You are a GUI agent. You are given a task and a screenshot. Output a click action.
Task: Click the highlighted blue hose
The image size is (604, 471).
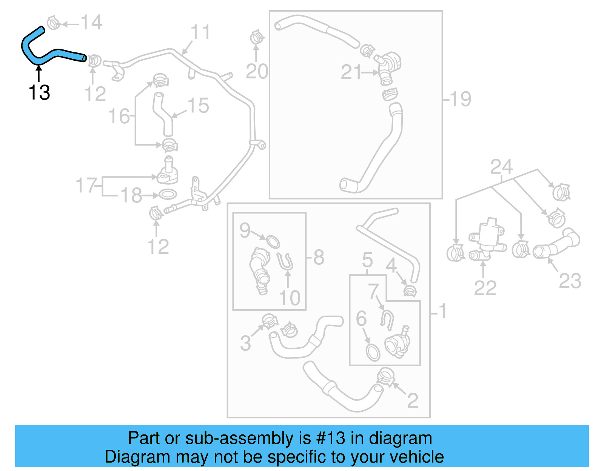coord(57,52)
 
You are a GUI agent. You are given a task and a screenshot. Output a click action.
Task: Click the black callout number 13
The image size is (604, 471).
coord(39,92)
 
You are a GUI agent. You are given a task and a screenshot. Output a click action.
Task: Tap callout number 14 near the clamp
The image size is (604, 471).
coord(91,23)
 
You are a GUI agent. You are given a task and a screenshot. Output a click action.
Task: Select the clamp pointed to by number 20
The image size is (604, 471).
coord(257,38)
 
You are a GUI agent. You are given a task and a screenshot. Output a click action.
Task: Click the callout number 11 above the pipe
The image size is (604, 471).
coord(200,32)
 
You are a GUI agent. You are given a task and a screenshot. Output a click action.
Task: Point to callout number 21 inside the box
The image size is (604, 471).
coord(351,72)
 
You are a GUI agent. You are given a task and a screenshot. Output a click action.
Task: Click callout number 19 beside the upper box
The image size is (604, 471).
coord(460,99)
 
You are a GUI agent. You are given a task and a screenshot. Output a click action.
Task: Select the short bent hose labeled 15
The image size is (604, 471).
coord(163,113)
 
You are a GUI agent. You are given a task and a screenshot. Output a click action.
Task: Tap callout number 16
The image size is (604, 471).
coord(119,116)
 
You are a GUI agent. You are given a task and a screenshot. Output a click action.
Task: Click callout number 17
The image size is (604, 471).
coord(86,185)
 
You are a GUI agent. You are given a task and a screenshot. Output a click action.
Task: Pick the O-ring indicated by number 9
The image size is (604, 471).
coord(273,241)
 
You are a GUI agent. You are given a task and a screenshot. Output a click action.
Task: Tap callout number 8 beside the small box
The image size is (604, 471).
coord(319,258)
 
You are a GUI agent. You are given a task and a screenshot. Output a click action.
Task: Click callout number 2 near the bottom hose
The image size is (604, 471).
coord(413,400)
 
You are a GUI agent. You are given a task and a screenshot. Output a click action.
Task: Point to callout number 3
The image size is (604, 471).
coord(245,343)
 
